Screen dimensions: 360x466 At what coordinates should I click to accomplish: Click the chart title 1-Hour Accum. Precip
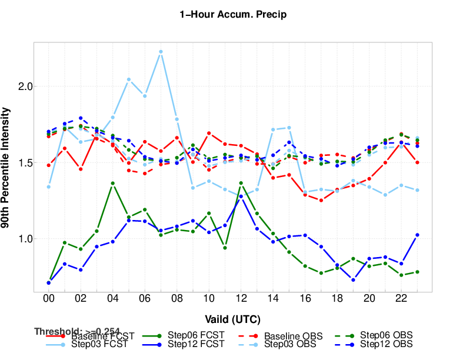pyautogui.click(x=233, y=15)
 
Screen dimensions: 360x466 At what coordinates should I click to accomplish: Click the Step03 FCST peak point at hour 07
pyautogui.click(x=161, y=52)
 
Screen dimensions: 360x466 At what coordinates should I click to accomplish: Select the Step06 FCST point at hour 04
pyautogui.click(x=112, y=183)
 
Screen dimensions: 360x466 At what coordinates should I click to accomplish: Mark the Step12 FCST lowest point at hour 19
pyautogui.click(x=353, y=280)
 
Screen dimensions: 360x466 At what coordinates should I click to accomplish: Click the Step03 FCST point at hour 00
pyautogui.click(x=48, y=187)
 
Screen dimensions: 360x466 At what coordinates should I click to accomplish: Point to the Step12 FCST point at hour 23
pyautogui.click(x=417, y=235)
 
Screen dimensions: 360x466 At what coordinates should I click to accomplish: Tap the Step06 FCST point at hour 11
pyautogui.click(x=225, y=248)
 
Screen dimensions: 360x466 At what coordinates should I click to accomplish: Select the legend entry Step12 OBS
pyautogui.click(x=386, y=344)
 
